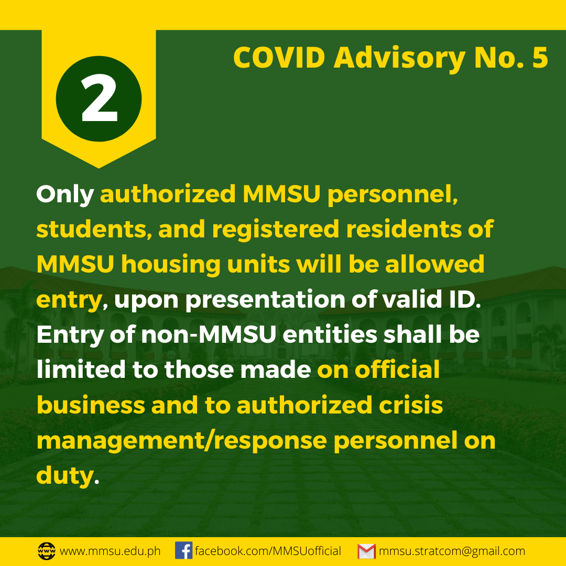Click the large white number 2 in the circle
[99, 99]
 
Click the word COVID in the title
[279, 58]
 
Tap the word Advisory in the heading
[399, 59]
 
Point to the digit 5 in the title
[540, 58]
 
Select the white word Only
[65, 195]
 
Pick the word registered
[276, 230]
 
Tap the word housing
[171, 265]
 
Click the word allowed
[434, 264]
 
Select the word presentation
[265, 300]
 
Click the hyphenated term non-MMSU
[209, 334]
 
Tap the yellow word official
[397, 369]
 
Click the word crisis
[411, 405]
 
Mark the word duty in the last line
[65, 476]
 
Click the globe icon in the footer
[47, 551]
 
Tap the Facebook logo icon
[184, 550]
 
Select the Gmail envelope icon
[367, 551]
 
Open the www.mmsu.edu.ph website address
[110, 551]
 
